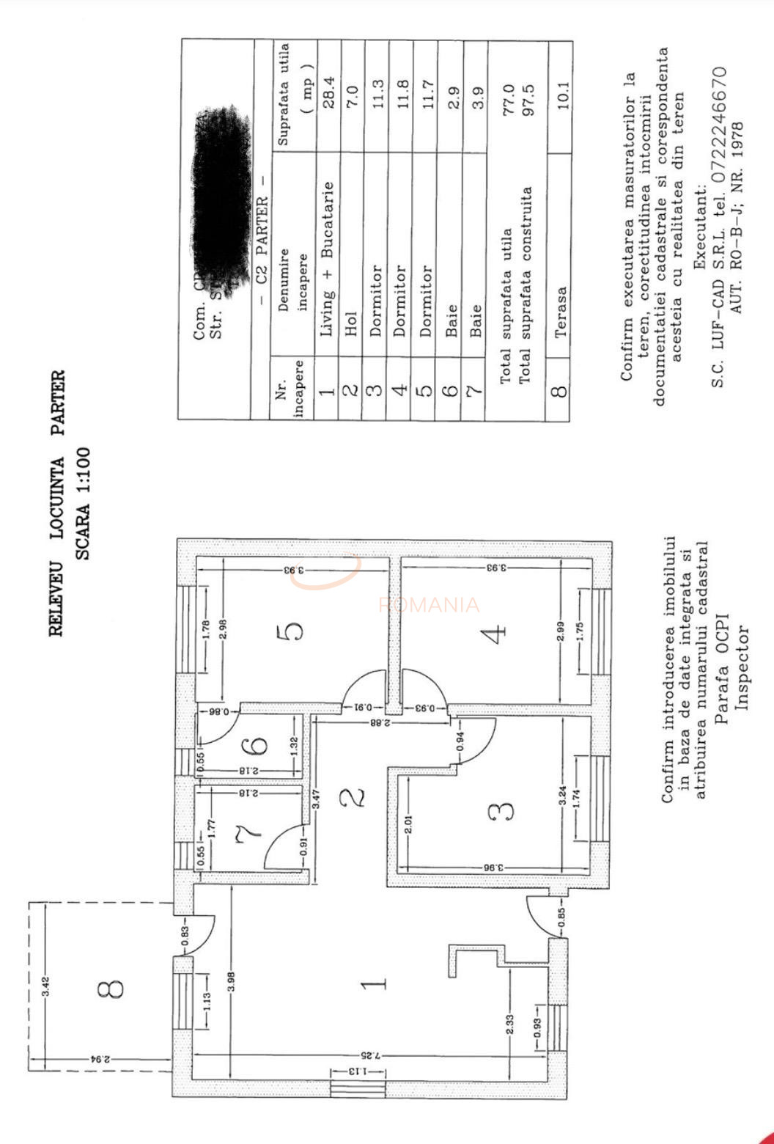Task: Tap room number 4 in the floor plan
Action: tap(497, 633)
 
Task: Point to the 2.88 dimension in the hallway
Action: tap(376, 723)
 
